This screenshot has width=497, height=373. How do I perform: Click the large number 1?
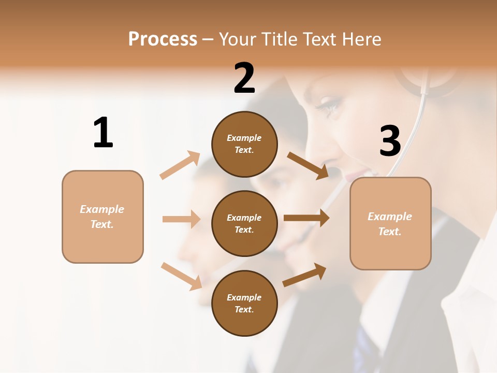(x=103, y=133)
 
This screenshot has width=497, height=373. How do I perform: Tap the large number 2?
(x=244, y=78)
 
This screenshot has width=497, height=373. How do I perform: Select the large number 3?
(x=390, y=141)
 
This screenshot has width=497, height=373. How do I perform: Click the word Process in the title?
(x=163, y=39)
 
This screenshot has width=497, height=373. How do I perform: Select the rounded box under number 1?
(x=103, y=217)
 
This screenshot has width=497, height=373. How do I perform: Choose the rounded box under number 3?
(x=390, y=224)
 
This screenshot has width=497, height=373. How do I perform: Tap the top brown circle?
(x=244, y=144)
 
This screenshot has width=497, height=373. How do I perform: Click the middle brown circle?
(x=244, y=223)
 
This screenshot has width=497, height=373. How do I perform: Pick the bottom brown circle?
(x=244, y=303)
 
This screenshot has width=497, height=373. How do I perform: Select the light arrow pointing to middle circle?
(x=182, y=219)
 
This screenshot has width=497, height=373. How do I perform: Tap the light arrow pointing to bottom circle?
(x=182, y=276)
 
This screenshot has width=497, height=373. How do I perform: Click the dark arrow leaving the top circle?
(x=308, y=165)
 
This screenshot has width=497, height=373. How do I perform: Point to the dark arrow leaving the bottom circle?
(x=304, y=275)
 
